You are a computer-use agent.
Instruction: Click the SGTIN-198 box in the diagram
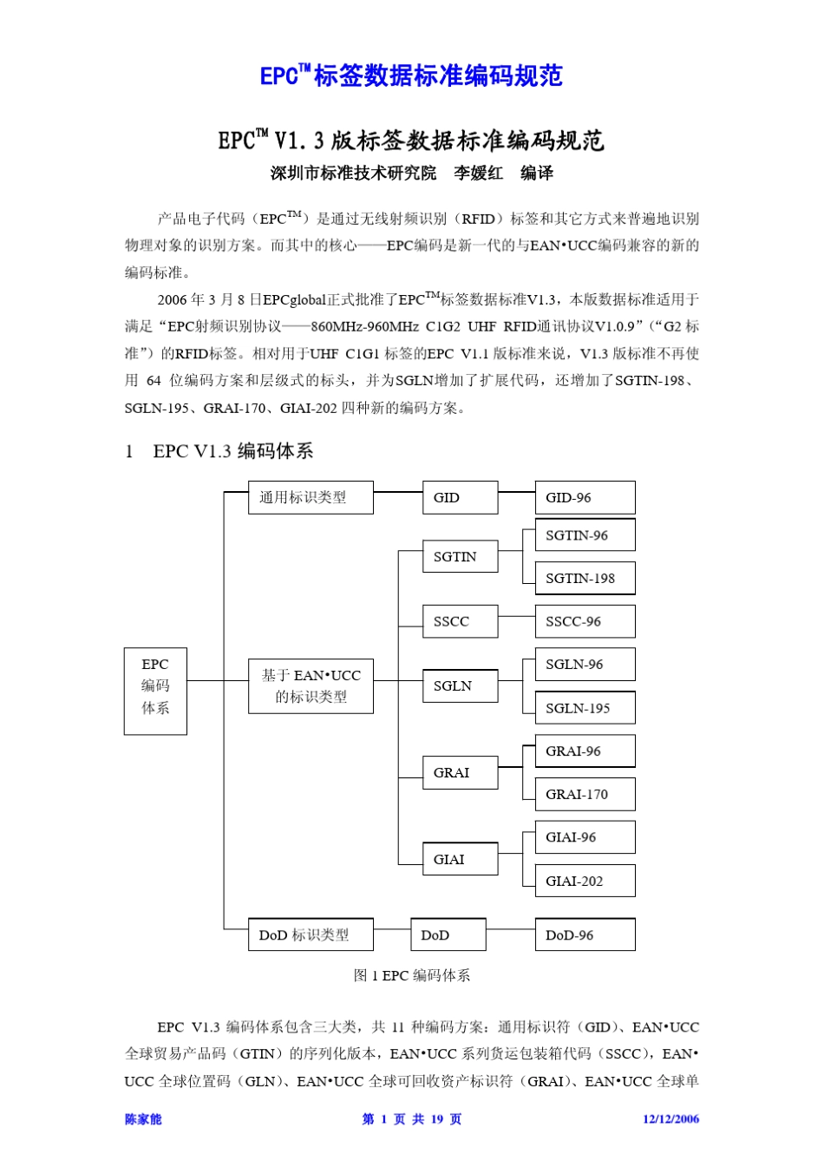click(x=585, y=578)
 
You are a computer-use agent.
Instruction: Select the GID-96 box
click(x=585, y=497)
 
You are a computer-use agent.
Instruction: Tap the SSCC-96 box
click(x=585, y=621)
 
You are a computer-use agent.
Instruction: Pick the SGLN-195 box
click(x=585, y=708)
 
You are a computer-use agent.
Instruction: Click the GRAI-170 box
click(x=585, y=794)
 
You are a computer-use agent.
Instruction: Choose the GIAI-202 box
click(x=585, y=881)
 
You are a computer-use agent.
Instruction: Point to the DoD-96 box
click(x=585, y=934)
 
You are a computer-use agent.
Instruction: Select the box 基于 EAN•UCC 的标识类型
click(x=311, y=685)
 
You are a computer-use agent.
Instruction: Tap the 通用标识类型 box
click(x=311, y=497)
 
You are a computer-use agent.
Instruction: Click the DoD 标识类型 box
click(x=311, y=934)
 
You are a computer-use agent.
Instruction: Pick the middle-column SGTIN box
click(x=460, y=556)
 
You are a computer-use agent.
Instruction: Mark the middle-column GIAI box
click(x=460, y=859)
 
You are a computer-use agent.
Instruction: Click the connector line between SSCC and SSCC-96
click(x=516, y=617)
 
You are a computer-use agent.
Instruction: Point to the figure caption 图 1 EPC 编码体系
click(x=412, y=975)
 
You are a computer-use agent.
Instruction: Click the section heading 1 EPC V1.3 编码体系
click(x=219, y=451)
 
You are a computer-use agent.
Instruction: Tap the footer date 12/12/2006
click(x=670, y=1119)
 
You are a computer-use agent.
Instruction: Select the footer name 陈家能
click(x=143, y=1119)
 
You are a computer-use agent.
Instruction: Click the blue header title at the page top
click(x=411, y=76)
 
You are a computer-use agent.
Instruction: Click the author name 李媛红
click(x=478, y=174)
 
